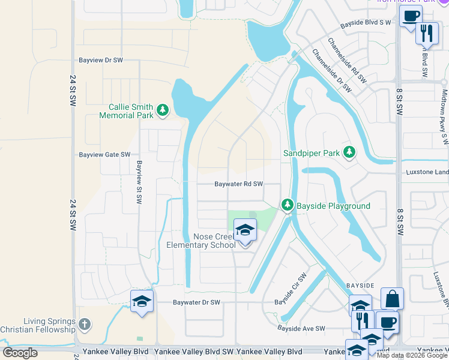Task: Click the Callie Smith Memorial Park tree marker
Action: click(162, 110)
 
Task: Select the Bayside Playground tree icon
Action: click(288, 206)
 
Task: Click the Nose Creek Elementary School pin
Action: click(245, 230)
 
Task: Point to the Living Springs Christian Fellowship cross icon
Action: click(85, 325)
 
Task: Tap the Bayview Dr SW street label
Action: click(101, 61)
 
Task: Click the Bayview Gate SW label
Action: click(104, 154)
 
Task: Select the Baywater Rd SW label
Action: click(239, 184)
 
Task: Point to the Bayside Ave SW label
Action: click(301, 328)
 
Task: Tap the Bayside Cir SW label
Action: click(291, 289)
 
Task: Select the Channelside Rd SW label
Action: click(347, 61)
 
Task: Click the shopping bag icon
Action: click(392, 299)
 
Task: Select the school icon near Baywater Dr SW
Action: click(142, 301)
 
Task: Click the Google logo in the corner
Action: click(20, 353)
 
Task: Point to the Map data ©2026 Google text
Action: click(412, 355)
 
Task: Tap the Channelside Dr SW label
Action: click(331, 71)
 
